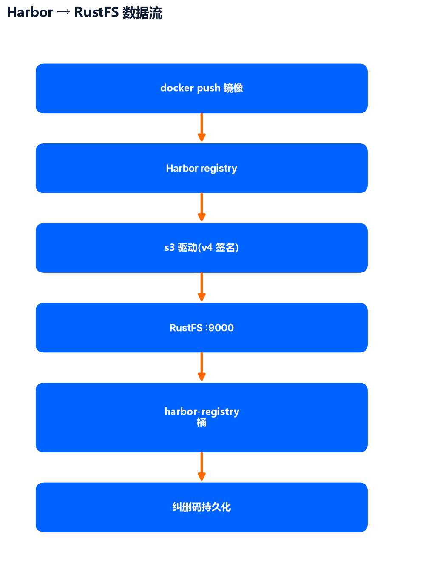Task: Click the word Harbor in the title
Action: click(x=30, y=12)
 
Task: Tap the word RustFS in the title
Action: click(x=97, y=12)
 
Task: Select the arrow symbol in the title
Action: click(x=63, y=12)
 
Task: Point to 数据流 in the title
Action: click(x=142, y=13)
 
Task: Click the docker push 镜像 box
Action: click(x=202, y=88)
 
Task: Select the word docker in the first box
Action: click(x=177, y=88)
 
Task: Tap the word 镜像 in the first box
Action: click(x=233, y=88)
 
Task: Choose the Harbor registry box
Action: click(x=202, y=168)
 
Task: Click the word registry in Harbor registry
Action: click(x=219, y=169)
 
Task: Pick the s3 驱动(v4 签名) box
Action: click(x=202, y=248)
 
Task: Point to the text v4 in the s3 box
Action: click(x=207, y=248)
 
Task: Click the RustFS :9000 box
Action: click(x=202, y=328)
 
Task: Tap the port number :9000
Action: click(x=219, y=328)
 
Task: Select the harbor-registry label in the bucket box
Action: click(x=202, y=412)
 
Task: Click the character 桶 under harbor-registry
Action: click(x=202, y=423)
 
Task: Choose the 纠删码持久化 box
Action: click(x=202, y=507)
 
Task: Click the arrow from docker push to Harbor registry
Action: click(x=202, y=127)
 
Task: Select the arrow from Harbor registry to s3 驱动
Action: click(x=202, y=207)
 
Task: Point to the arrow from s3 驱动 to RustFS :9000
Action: click(x=202, y=287)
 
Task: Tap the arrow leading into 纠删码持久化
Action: click(x=202, y=467)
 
